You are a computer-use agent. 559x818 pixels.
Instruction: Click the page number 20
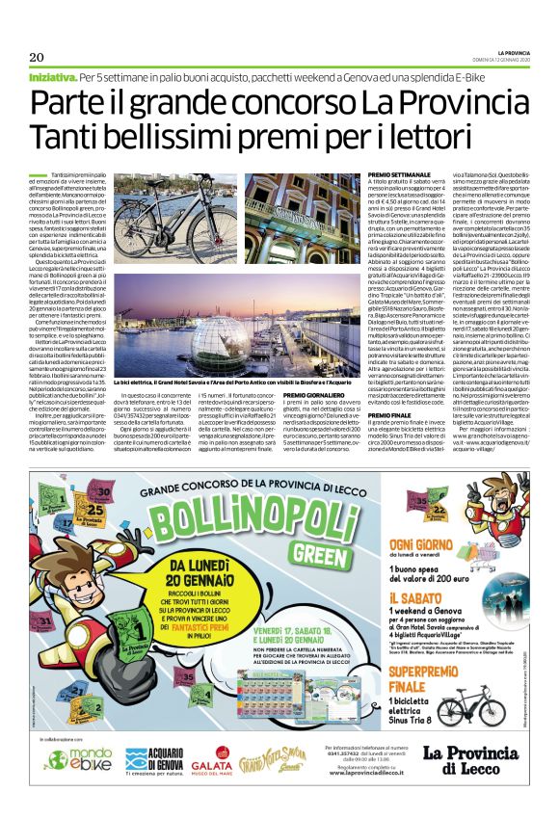37,56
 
